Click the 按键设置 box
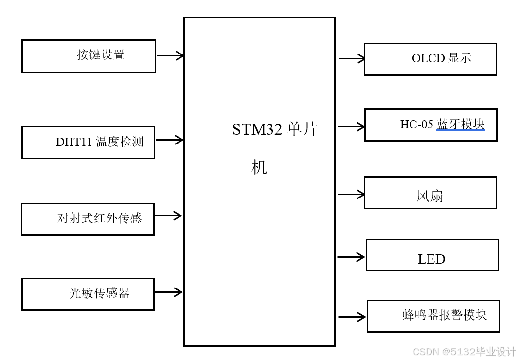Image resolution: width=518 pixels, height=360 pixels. pyautogui.click(x=89, y=56)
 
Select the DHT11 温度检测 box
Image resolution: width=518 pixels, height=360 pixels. pyautogui.click(x=88, y=143)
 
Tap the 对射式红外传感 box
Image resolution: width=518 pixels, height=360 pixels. pyautogui.click(x=88, y=219)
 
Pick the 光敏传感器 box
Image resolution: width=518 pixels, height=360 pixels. pyautogui.click(x=88, y=294)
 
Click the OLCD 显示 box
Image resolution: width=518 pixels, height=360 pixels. pyautogui.click(x=430, y=59)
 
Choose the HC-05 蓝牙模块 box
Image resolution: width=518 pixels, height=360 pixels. pyautogui.click(x=430, y=125)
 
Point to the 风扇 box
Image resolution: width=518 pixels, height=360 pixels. pyautogui.click(x=430, y=193)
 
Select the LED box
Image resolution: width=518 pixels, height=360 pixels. pyautogui.click(x=432, y=255)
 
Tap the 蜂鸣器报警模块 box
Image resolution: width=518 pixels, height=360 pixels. pyautogui.click(x=433, y=316)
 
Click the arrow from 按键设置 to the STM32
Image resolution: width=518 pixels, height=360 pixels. pyautogui.click(x=170, y=55)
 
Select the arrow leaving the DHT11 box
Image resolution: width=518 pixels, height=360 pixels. pyautogui.click(x=169, y=140)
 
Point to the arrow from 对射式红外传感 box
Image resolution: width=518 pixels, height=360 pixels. pyautogui.click(x=168, y=216)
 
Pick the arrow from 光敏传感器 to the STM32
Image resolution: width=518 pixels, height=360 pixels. pyautogui.click(x=169, y=292)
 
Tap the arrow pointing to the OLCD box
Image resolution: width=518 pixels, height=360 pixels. pyautogui.click(x=352, y=59)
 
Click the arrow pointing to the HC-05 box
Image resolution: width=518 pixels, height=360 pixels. pyautogui.click(x=352, y=127)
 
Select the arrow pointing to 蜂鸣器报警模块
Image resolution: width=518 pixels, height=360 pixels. pyautogui.click(x=352, y=317)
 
